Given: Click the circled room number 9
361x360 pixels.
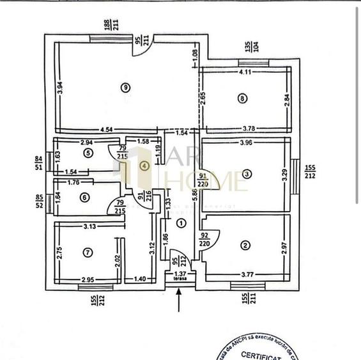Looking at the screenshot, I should (x=126, y=87).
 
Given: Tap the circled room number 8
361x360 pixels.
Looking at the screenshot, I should (x=241, y=98).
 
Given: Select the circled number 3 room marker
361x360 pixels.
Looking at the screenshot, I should (x=246, y=173).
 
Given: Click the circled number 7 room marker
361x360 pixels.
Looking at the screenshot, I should (x=87, y=251).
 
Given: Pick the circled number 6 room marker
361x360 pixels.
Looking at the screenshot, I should (x=84, y=198).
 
